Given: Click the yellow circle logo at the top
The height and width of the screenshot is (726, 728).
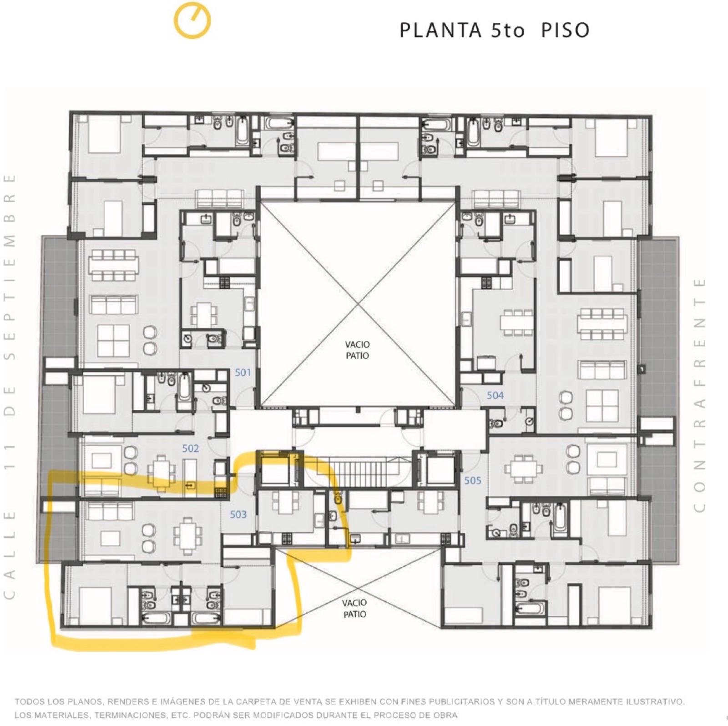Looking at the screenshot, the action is pos(192,21).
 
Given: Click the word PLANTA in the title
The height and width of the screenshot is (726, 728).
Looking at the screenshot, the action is pos(440,30).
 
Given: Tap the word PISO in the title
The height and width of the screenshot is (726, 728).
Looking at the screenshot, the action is pos(565,30).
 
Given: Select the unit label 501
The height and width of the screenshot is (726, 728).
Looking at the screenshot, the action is pos(243,373).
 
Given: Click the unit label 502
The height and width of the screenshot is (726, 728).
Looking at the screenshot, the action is pos(191,449).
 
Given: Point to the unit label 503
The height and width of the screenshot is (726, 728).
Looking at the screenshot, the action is pos(238,514).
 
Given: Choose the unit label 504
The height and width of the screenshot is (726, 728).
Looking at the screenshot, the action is pos(495,396).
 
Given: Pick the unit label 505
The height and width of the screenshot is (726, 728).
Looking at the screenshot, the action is pos(473,480).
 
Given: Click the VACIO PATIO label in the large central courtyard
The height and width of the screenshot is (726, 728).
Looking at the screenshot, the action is pos(357,350).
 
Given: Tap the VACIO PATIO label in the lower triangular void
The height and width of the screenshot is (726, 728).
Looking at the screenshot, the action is pos(355,609).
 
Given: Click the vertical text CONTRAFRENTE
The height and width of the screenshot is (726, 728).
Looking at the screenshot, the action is pos(699,395).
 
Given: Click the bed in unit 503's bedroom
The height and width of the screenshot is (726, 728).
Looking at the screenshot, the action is pos(96,606).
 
